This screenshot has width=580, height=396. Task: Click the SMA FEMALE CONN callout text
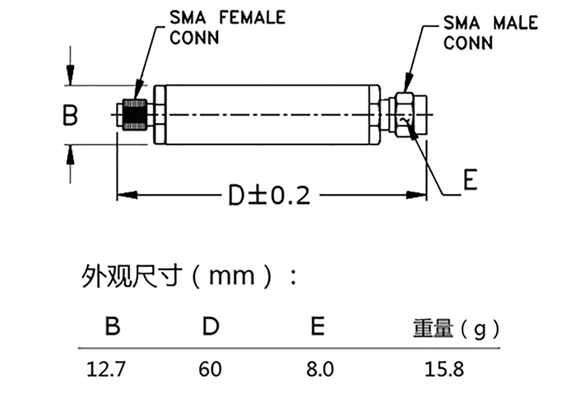coord(227,27)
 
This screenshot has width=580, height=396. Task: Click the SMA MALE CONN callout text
coord(490,33)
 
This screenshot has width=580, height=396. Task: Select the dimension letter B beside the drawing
coord(70,115)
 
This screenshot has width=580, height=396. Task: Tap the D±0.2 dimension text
coord(269,196)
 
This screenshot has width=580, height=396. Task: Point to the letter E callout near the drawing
coord(469,181)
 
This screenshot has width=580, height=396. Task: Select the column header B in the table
coord(112,326)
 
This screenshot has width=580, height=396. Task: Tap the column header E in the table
coord(317,326)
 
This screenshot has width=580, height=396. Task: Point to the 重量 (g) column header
coord(456,329)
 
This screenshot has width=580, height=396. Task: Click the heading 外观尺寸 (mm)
coord(188,276)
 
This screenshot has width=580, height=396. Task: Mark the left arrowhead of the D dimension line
coord(126,195)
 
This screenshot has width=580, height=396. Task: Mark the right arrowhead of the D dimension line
coord(419,195)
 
